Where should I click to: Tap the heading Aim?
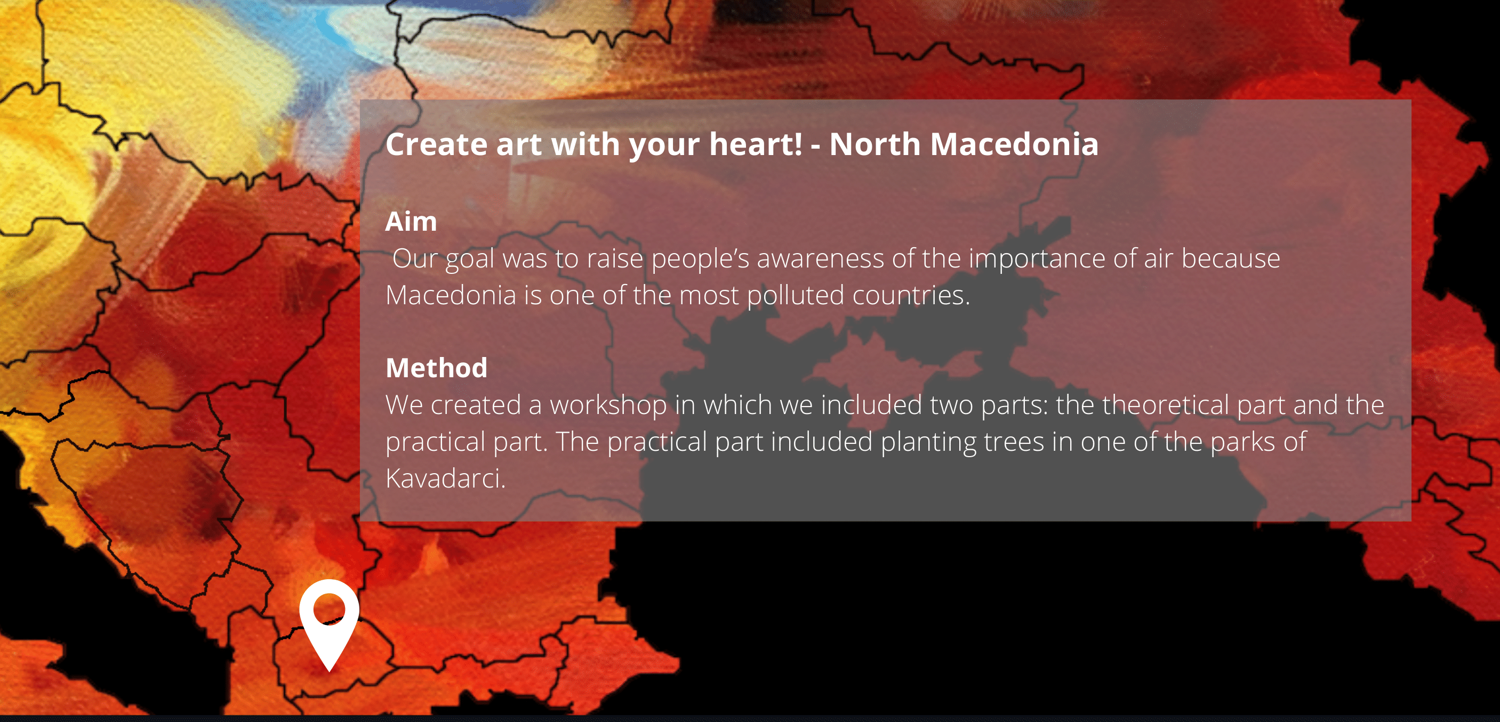411,222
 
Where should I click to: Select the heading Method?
437,368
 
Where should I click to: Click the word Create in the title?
437,144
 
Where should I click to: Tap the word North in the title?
876,144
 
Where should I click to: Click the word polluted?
796,296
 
